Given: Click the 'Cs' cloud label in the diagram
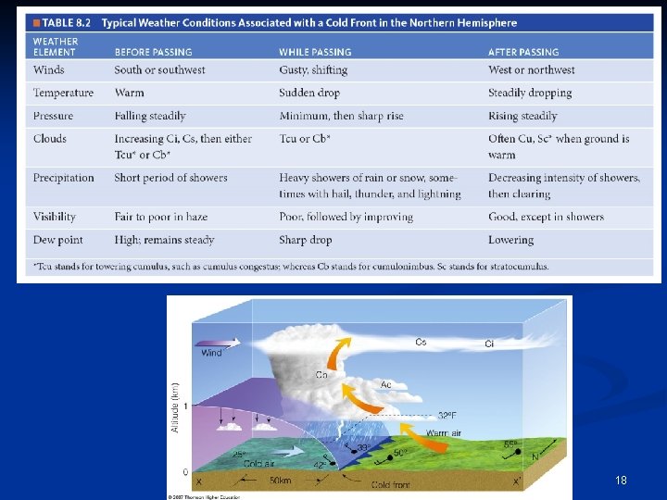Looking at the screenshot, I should (421, 343).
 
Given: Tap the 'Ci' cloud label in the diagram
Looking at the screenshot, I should (489, 344).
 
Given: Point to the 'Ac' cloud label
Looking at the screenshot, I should (386, 383).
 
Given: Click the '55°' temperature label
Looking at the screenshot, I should (510, 445).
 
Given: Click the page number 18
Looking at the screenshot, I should (621, 481).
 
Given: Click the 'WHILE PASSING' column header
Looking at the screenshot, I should (315, 53).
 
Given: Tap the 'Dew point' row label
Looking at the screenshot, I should (57, 240).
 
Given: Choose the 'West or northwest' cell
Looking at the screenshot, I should (531, 69).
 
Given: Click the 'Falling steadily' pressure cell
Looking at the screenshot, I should (150, 116).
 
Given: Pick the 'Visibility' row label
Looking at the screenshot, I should (55, 217).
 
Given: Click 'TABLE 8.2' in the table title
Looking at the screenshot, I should (68, 23).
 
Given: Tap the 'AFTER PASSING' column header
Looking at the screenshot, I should (523, 53).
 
